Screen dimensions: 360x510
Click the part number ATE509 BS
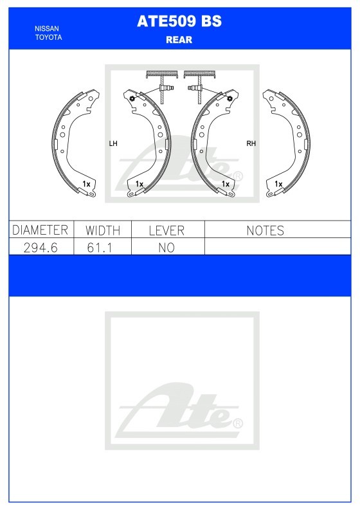pos(179,21)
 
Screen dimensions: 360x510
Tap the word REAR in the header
pos(179,40)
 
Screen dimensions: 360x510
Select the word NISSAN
pos(47,29)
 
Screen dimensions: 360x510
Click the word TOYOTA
pos(48,37)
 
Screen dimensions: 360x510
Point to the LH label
pos(113,143)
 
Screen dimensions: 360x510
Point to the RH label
pos(251,143)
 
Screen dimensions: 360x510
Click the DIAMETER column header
pos(40,230)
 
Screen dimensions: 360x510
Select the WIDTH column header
pos(103,231)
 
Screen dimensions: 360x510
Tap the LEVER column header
pos(167,231)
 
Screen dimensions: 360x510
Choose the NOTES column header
pos(265,231)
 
